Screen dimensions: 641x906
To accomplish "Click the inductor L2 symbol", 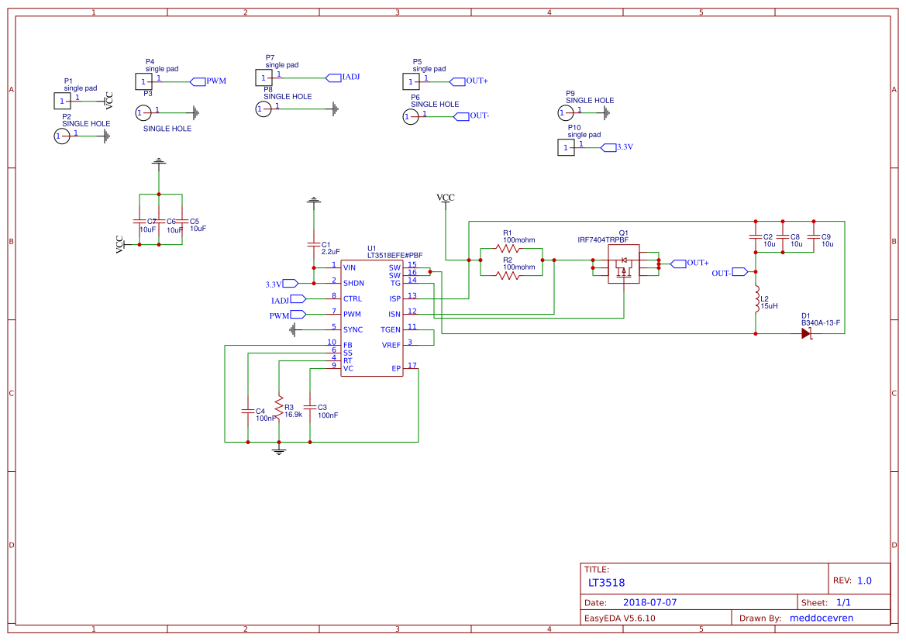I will (x=756, y=300).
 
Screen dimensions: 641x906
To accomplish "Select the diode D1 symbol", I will (x=806, y=333).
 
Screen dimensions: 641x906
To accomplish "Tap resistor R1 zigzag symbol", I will (x=508, y=250).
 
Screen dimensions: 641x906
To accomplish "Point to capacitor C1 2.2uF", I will (x=313, y=245).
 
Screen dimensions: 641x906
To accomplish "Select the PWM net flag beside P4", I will (x=198, y=81).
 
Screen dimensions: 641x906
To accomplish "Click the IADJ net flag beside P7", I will (x=332, y=78).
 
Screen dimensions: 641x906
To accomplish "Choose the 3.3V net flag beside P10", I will (x=608, y=146).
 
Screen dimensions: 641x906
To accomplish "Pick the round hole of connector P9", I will (x=566, y=113).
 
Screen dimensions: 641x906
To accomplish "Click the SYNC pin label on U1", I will (x=353, y=329).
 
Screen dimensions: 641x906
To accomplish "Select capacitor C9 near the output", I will (x=814, y=237).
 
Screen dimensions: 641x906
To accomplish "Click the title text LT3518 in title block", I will (x=606, y=583).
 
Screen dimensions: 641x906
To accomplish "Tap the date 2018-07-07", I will (x=649, y=602).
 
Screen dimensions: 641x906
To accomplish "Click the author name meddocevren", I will (x=821, y=618).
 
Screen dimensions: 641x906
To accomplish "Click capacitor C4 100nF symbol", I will (x=248, y=410).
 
